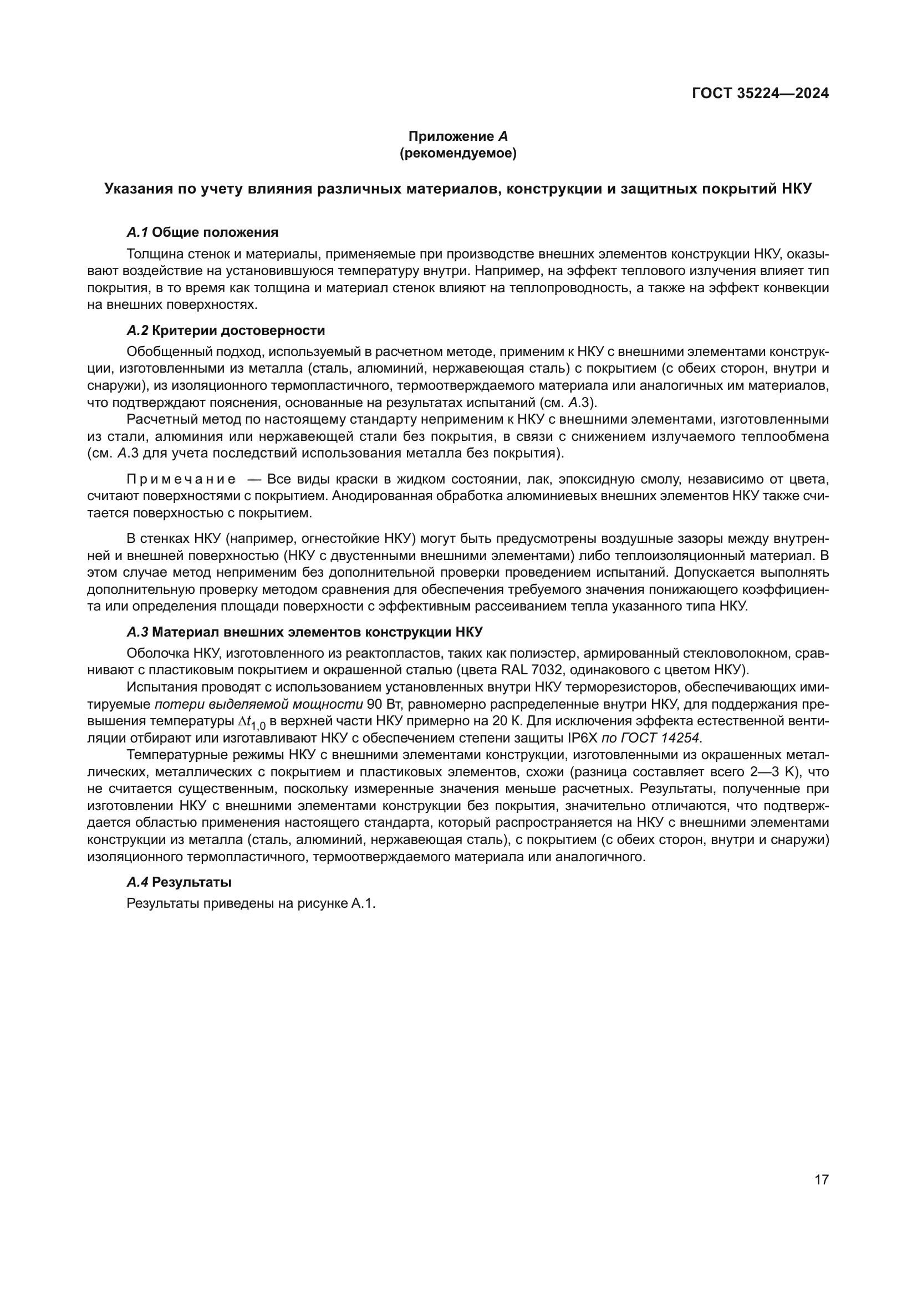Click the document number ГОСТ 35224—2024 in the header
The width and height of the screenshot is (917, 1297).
tap(760, 94)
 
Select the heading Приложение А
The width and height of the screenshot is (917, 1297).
tap(458, 136)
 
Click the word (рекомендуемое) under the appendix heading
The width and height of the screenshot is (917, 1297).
tap(458, 153)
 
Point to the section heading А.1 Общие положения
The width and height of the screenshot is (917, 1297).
tap(202, 232)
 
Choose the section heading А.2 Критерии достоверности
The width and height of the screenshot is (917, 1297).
tap(225, 330)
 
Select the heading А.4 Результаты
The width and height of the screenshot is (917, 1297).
tap(179, 882)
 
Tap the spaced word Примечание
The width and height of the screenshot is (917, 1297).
tap(181, 480)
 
